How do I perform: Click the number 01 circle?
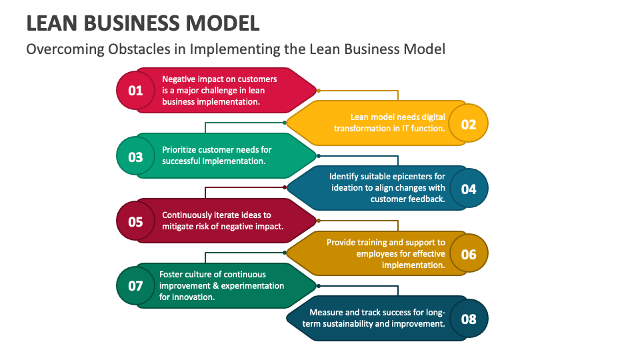[x=135, y=90]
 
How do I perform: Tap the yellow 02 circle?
[x=469, y=124]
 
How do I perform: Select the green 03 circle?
[x=135, y=157]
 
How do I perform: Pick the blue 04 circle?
[x=469, y=189]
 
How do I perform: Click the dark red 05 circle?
[x=135, y=221]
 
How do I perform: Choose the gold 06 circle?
[x=469, y=254]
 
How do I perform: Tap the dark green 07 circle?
[x=135, y=286]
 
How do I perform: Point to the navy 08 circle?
[x=469, y=319]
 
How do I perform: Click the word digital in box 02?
[x=432, y=117]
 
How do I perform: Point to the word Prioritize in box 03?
[x=182, y=149]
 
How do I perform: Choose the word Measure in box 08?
[x=327, y=312]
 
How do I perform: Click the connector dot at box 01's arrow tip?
[x=318, y=90]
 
